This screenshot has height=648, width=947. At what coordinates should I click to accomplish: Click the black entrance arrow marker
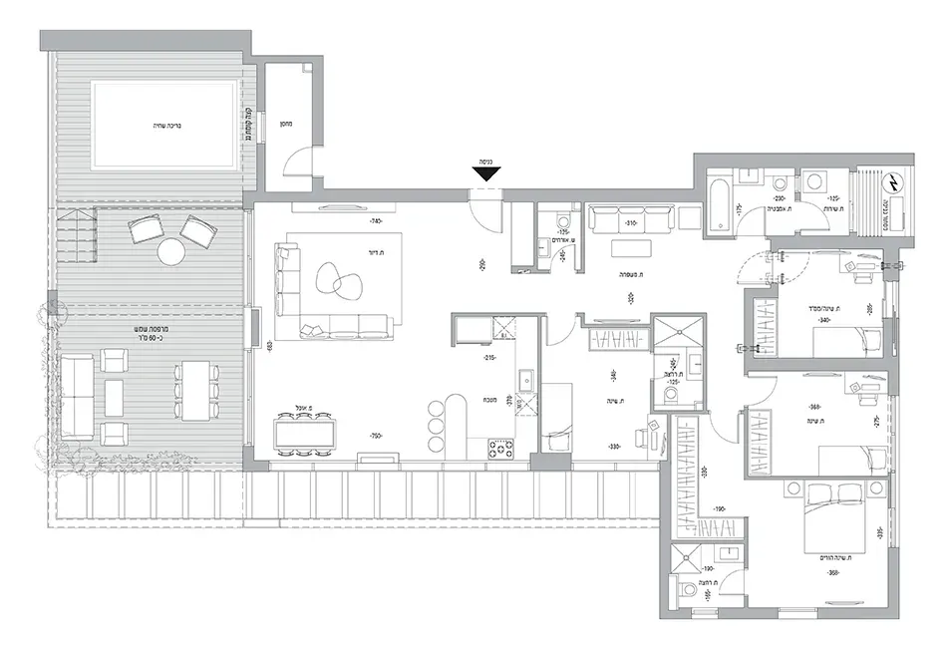(485, 174)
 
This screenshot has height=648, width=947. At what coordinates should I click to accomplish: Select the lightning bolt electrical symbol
(894, 184)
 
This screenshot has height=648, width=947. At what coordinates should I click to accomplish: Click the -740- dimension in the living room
(376, 221)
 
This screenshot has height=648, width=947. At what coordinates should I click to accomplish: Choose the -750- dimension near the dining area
(376, 436)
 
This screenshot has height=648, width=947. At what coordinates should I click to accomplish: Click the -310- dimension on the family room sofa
(630, 223)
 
